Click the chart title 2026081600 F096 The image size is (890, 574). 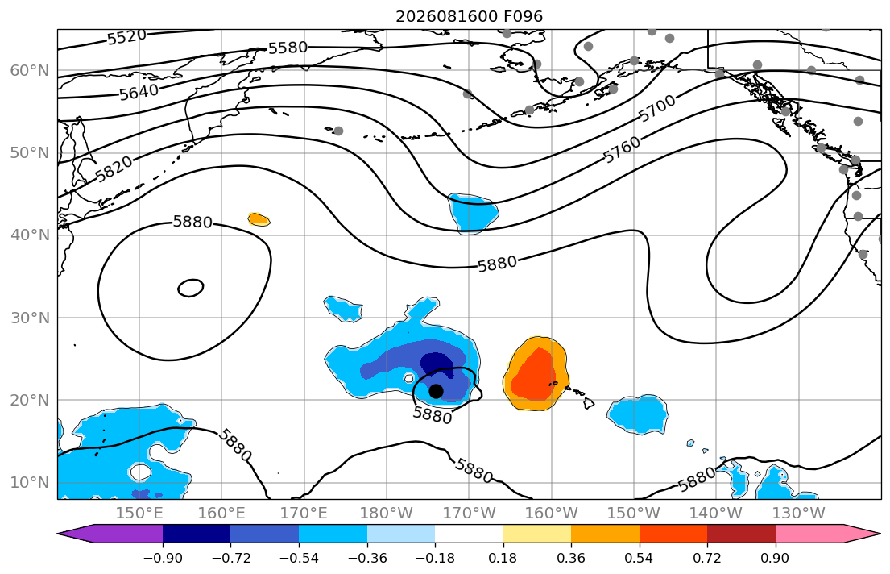point(469,16)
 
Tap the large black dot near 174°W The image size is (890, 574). point(436,391)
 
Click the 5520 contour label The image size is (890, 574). point(126,38)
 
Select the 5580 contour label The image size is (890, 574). point(288,48)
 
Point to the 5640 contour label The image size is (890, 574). point(139,91)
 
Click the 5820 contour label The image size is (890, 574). point(114,168)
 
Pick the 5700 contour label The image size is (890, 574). point(657,108)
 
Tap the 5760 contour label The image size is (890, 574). point(622,150)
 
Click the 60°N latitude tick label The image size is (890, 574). point(30,70)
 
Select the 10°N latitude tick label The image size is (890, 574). point(30,483)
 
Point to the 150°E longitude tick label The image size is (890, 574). point(139,514)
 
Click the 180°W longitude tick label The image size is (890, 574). point(387,514)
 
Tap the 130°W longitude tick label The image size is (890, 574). point(799,514)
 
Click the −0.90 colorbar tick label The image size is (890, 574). point(163,558)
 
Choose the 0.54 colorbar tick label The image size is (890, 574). point(640,558)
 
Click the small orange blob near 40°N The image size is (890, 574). point(259,218)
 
